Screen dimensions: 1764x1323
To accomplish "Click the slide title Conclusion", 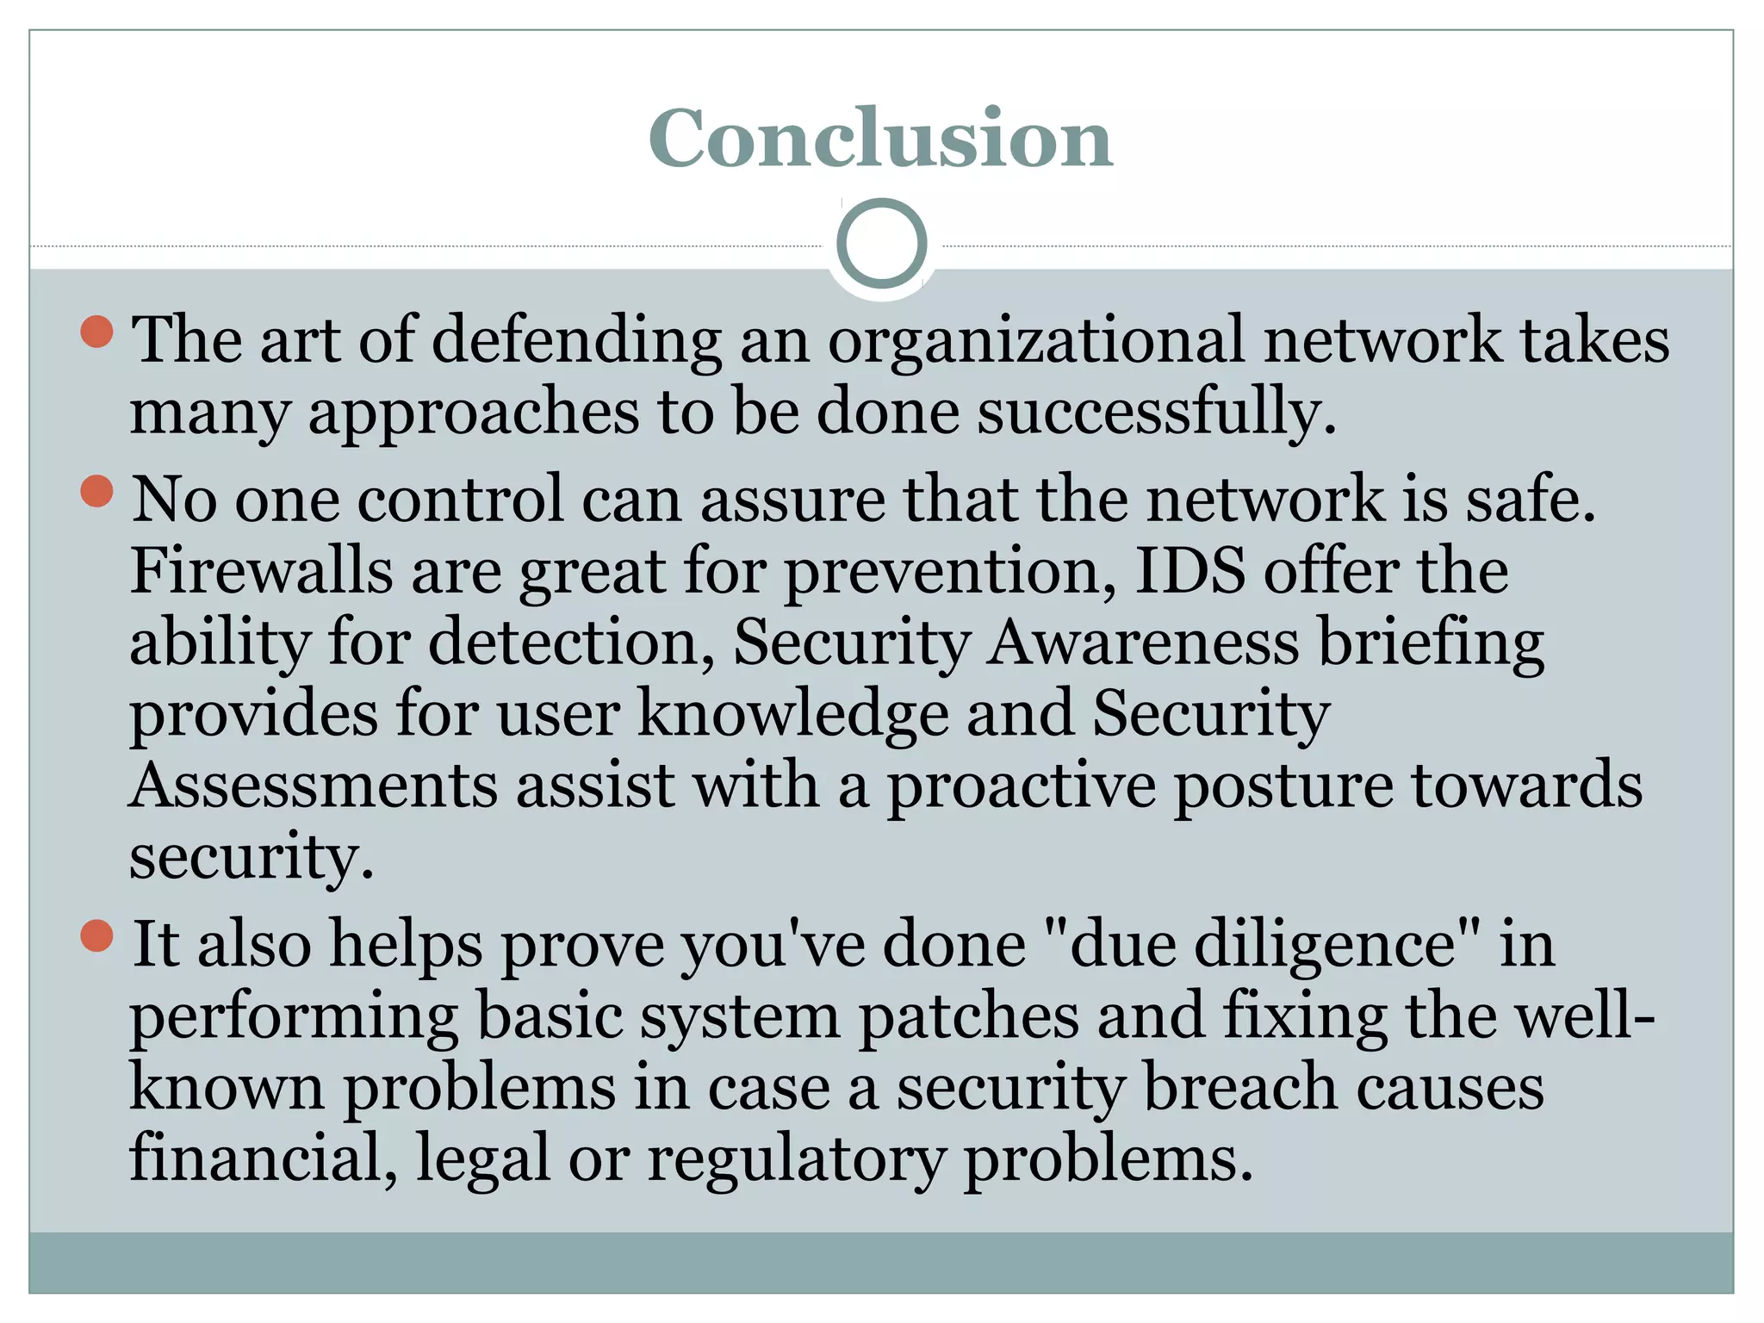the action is pos(880,139).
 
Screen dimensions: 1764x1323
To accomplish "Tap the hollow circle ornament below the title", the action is pos(881,244).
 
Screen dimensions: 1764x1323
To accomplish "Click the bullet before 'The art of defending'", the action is pos(97,332).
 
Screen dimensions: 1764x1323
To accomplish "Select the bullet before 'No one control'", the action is pos(97,492).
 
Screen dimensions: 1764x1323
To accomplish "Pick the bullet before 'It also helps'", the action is pos(97,936).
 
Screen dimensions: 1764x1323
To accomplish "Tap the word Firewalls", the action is pos(261,571).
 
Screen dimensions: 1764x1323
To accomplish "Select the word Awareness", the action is pos(1142,643).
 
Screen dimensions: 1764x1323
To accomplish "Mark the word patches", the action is pos(969,1017).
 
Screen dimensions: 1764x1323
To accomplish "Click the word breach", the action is pos(1240,1088).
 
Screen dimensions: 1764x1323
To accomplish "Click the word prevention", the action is pos(950,573).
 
